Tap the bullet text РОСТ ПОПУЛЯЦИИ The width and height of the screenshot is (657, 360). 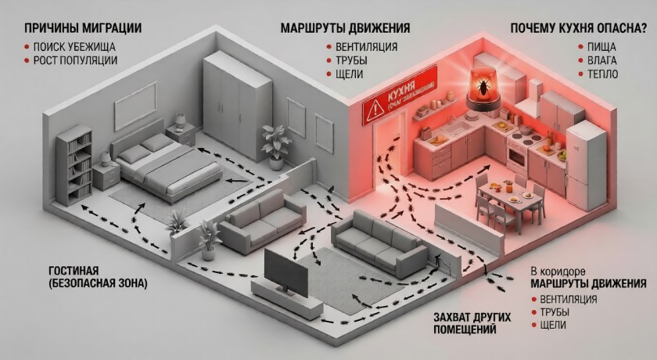(x=75, y=60)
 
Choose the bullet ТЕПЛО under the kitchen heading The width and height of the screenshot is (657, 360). (x=598, y=74)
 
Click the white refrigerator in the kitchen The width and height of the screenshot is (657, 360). (x=586, y=165)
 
